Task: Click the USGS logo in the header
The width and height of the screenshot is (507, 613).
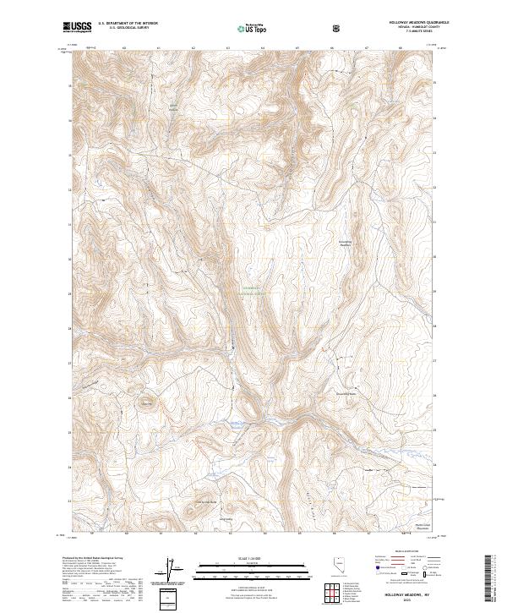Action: tap(78, 28)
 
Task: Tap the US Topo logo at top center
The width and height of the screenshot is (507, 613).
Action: tap(251, 29)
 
